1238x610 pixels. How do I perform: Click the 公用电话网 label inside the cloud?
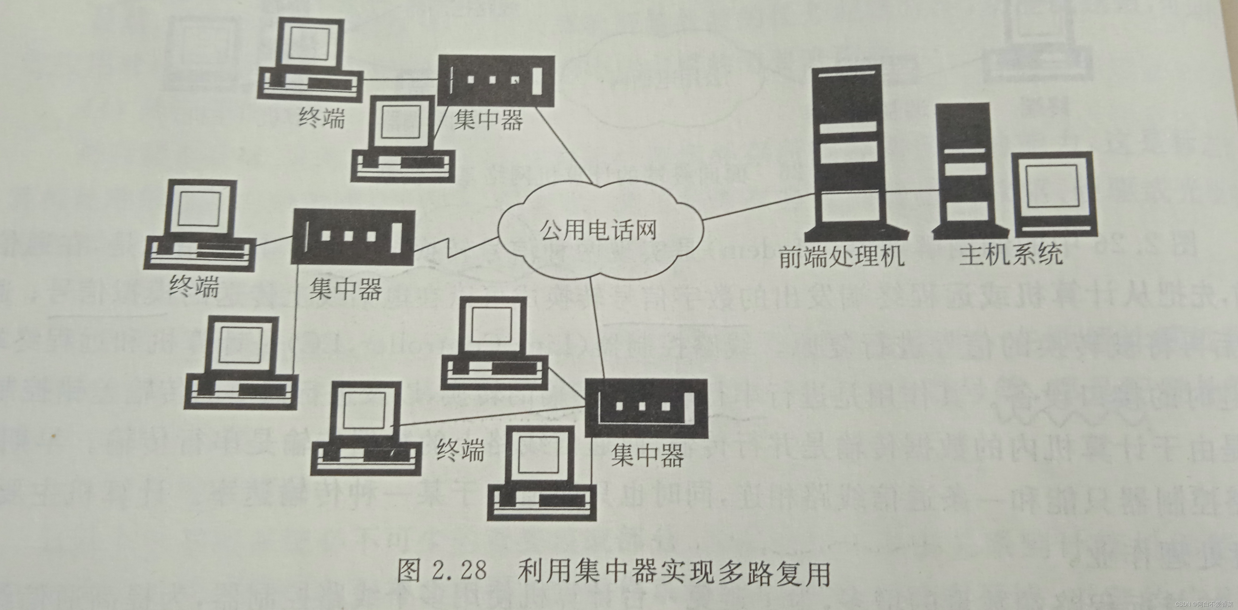click(598, 231)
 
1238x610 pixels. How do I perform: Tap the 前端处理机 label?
click(841, 257)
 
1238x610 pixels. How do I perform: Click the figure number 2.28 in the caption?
click(459, 571)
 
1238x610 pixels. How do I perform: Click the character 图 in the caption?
click(409, 571)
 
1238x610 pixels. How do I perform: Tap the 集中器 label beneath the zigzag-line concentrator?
click(345, 289)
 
